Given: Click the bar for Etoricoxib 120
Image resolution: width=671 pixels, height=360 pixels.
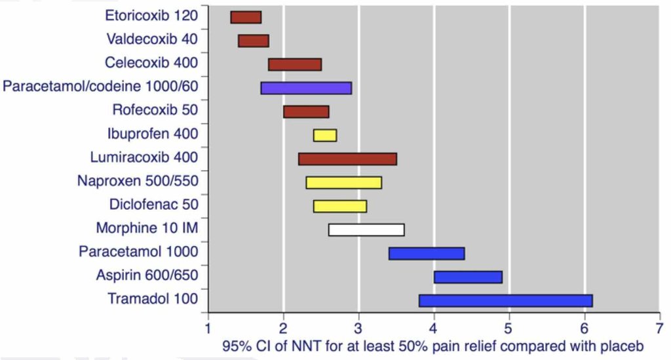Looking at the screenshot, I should pos(246,17).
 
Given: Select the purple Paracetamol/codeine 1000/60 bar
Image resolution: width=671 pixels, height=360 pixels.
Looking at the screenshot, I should pos(306,88).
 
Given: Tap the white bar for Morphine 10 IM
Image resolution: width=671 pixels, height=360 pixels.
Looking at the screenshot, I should pos(366,230).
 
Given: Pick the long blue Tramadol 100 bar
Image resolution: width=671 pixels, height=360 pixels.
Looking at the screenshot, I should pos(505,300).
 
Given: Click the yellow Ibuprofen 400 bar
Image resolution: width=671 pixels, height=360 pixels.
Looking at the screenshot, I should pos(325,135).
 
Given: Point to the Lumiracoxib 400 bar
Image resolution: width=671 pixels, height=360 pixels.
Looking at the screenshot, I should pos(347,159).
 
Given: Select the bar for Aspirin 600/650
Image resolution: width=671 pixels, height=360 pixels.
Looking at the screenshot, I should pos(468,277).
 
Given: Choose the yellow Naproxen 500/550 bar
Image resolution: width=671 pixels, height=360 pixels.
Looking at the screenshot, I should pos(343,182).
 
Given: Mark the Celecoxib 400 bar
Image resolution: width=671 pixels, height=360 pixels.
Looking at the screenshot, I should pos(295,64).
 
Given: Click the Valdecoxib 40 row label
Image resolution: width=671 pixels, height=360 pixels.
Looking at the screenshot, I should pos(151,39).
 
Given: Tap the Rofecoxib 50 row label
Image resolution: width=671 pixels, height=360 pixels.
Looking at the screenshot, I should pos(155,110).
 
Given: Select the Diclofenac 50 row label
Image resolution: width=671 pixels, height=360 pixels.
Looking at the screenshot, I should pos(154,205).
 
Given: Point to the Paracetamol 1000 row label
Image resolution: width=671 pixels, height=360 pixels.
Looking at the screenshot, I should pos(138,252).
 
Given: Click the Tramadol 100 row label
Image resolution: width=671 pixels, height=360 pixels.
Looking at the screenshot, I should pos(153,300).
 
